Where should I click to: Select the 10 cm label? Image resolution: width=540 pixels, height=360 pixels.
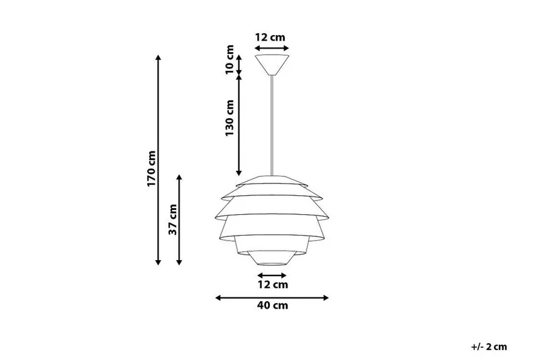tap(230, 59)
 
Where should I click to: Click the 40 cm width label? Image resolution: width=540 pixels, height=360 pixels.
tap(271, 306)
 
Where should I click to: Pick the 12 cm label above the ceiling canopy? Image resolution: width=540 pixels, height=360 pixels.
tap(271, 37)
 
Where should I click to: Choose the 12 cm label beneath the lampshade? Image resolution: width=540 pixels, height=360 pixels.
tap(271, 284)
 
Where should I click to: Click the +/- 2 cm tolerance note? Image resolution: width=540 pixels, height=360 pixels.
tap(489, 346)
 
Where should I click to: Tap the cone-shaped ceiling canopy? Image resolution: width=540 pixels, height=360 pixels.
tap(271, 65)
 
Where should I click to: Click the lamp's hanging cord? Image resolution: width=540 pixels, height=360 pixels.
tap(271, 122)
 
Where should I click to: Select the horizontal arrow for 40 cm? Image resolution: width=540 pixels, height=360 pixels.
tap(271, 297)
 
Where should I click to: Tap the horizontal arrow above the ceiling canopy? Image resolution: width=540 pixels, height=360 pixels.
tap(271, 48)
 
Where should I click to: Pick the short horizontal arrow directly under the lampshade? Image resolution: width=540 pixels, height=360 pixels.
tap(271, 275)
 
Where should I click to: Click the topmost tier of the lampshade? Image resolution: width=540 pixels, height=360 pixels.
tap(271, 178)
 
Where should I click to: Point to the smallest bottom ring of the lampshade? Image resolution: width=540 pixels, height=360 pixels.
tap(271, 260)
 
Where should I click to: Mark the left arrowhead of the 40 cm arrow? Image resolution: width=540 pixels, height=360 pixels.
tap(218, 297)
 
